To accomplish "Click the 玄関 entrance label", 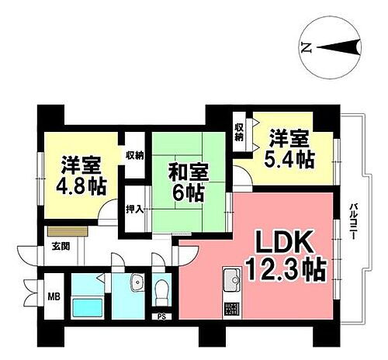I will (61, 247).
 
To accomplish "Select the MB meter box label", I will (55, 295).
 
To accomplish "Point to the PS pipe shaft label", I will (161, 317).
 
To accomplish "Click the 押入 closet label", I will (135, 209).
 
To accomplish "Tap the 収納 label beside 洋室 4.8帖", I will (135, 155).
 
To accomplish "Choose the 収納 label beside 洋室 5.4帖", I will (241, 132).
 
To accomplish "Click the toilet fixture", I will (161, 292).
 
